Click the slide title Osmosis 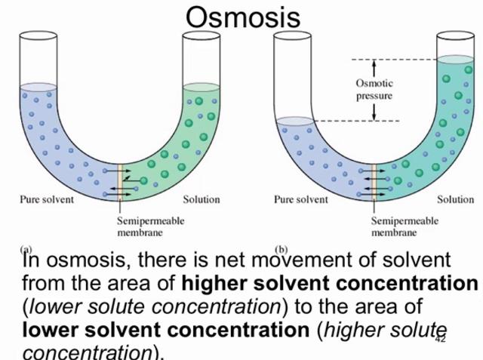(243, 17)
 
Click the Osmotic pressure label (374, 89)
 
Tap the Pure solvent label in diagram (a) (47, 199)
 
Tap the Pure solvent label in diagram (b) (301, 199)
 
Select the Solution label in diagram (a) (202, 199)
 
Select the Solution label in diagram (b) (456, 199)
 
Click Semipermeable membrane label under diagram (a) (151, 226)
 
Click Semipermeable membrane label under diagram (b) (405, 226)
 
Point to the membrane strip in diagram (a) (120, 182)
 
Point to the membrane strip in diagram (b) (374, 182)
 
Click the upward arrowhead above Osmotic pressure (374, 63)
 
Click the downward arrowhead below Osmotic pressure (374, 117)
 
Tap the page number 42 (441, 339)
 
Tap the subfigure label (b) (281, 250)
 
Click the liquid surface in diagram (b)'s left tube (295, 121)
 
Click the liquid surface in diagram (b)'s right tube (456, 59)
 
